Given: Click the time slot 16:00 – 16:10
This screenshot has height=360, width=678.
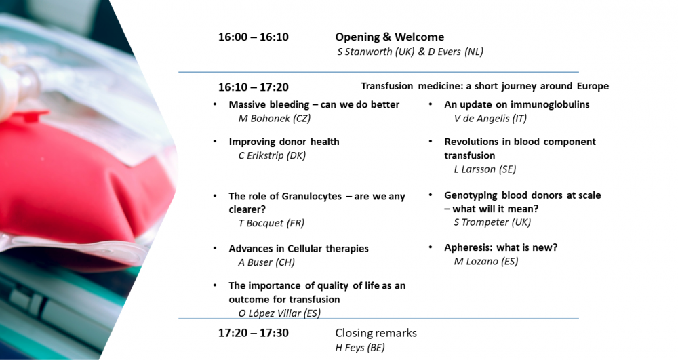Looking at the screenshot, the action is (x=254, y=37).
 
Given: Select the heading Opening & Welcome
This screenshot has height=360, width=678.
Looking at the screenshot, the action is (x=390, y=37).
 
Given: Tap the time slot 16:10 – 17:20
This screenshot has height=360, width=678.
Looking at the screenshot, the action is (x=254, y=87).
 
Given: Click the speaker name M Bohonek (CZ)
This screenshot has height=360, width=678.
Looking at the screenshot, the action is (x=275, y=119).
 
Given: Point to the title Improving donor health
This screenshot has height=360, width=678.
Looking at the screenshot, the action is (x=284, y=142).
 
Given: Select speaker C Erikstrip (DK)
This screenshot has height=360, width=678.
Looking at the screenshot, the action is (x=272, y=155).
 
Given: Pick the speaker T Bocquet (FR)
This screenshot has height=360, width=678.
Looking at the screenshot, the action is (x=272, y=224).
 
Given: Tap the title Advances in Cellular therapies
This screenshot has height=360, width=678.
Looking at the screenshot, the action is (x=299, y=249).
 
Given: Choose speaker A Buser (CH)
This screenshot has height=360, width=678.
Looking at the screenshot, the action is (x=266, y=262).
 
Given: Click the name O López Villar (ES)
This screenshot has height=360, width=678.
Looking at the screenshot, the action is (x=279, y=313).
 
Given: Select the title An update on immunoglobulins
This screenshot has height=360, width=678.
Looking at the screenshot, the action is (x=517, y=104).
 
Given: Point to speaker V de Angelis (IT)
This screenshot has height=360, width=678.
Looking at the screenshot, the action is (x=490, y=119).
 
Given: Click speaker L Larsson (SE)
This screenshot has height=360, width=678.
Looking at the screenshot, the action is (x=485, y=169).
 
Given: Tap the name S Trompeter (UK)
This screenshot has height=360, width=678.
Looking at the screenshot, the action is (x=492, y=222).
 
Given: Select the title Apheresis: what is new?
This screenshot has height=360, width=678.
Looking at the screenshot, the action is (x=501, y=247).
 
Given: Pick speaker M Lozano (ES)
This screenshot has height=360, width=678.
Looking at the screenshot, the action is (x=486, y=262).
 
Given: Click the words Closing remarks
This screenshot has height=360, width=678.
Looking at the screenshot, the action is (x=376, y=333).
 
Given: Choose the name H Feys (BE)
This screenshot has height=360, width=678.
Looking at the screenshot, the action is (x=360, y=348).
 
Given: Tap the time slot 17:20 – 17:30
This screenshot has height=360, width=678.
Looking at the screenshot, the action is (x=254, y=333).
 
